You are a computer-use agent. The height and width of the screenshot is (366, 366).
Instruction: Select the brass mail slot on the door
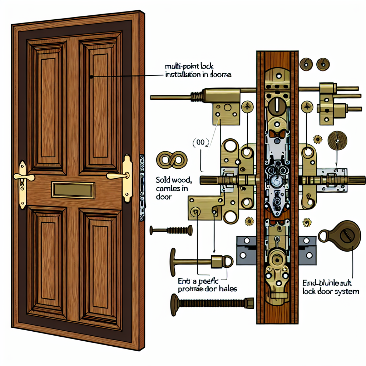point(73,189)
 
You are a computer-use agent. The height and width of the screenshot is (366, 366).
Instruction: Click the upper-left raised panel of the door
point(47,104)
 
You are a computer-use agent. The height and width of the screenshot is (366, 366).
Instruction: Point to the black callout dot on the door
point(92,76)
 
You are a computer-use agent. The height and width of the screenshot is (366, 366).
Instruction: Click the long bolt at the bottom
point(212,301)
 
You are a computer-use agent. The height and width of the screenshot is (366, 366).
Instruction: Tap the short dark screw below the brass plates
point(171,231)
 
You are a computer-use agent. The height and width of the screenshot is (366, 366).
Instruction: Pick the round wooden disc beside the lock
point(337,140)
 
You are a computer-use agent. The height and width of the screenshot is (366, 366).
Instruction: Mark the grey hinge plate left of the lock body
point(246,250)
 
